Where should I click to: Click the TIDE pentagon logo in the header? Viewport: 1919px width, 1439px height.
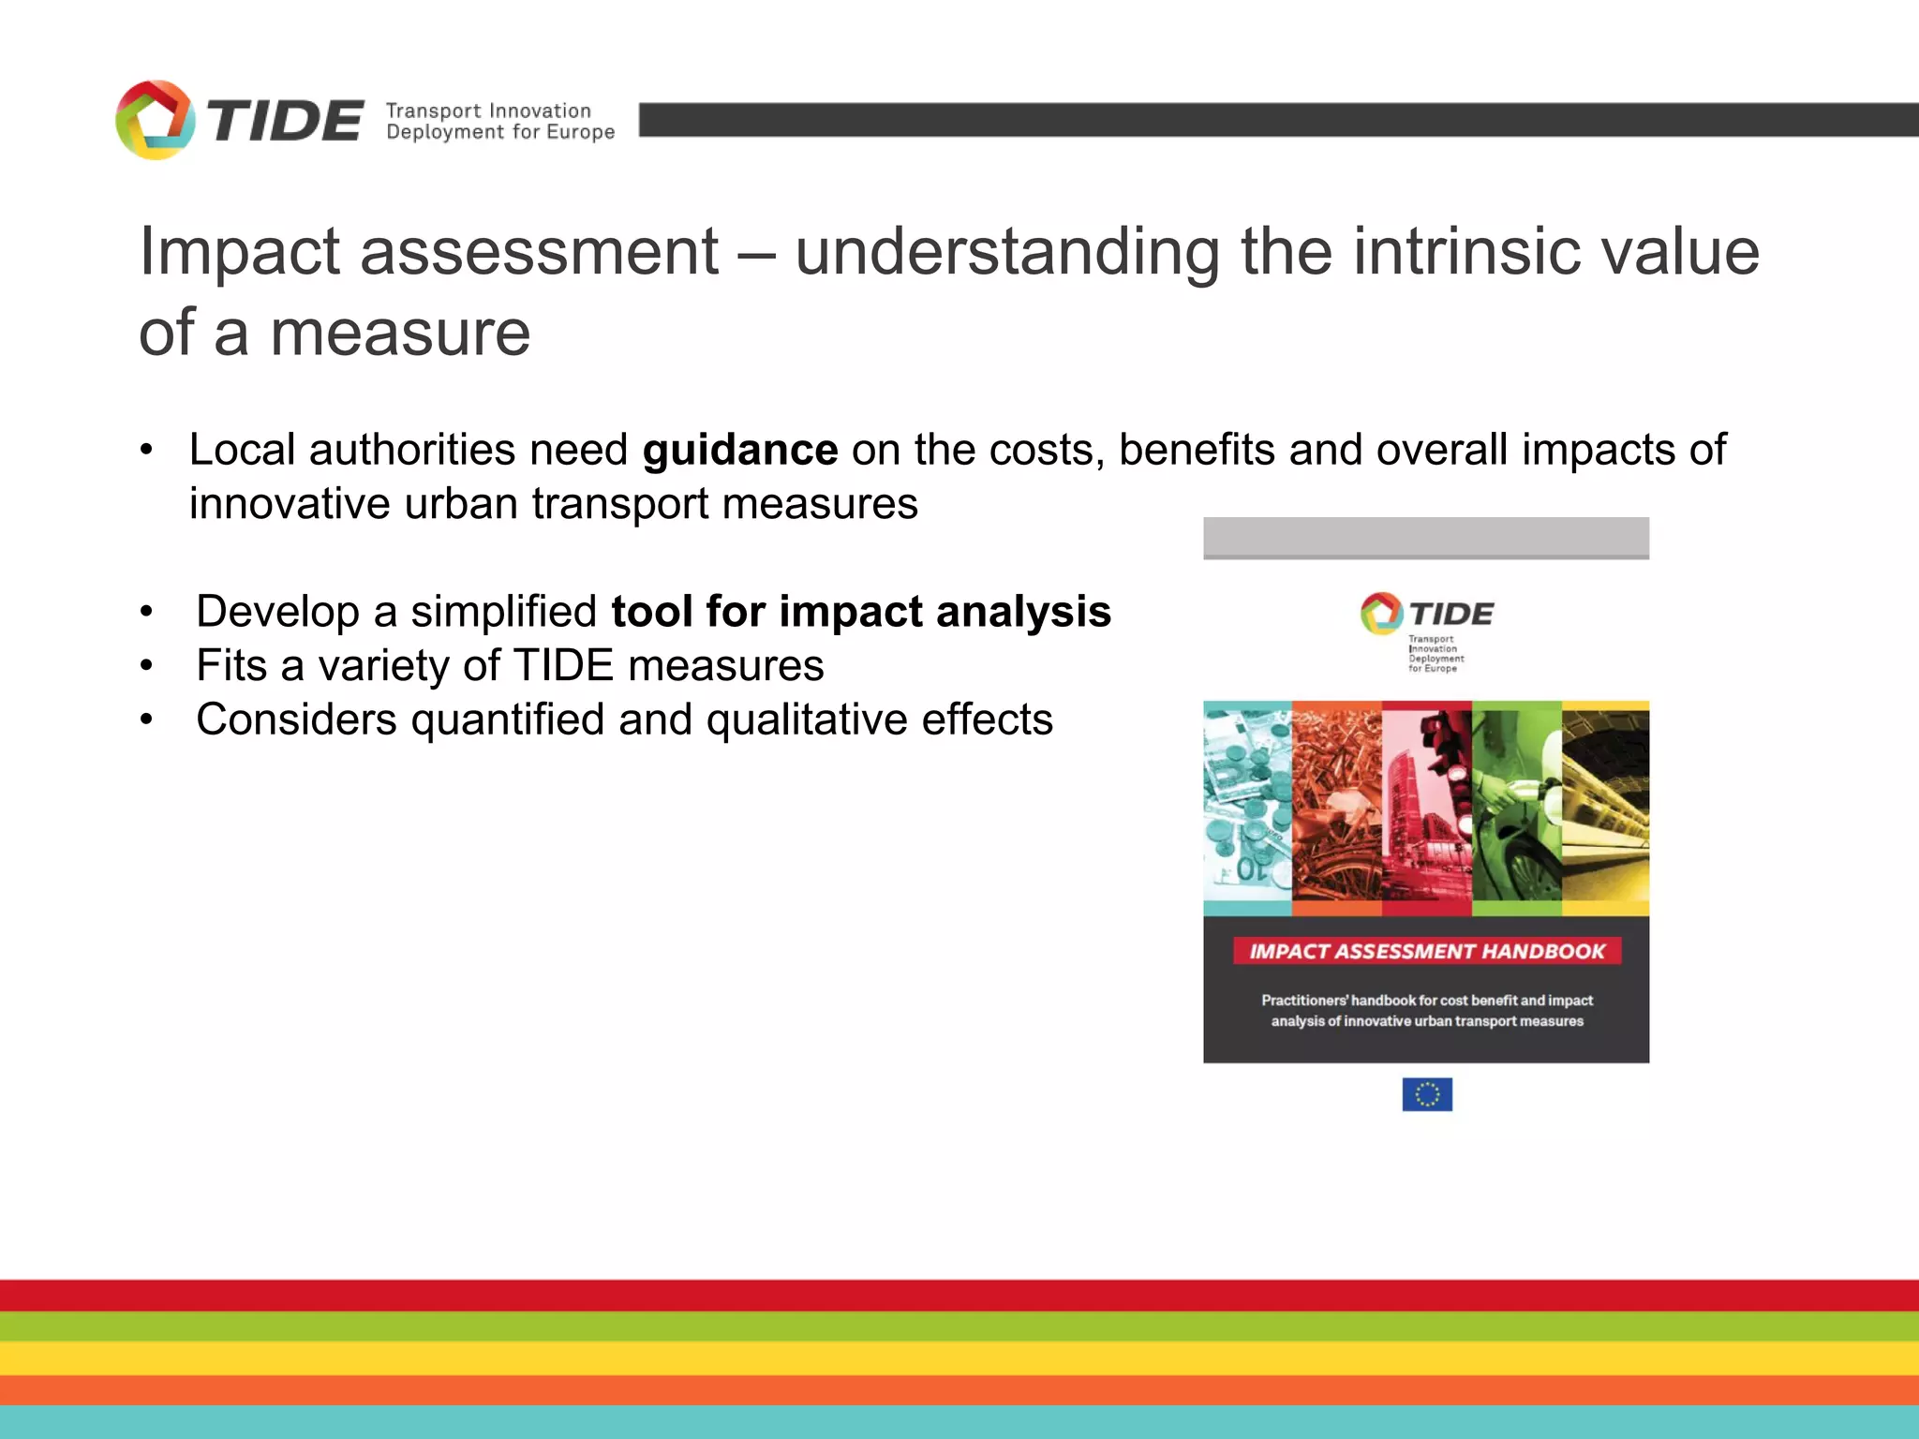coord(155,120)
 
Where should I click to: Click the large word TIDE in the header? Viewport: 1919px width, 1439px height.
coord(285,122)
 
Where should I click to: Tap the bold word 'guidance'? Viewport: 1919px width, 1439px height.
coord(740,451)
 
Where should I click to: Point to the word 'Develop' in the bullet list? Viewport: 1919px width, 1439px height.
coord(277,612)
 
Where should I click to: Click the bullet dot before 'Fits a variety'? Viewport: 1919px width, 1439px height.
coord(146,666)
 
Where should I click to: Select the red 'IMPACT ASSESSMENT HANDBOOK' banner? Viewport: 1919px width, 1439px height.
coord(1426,951)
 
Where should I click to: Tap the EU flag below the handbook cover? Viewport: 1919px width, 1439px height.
coord(1426,1093)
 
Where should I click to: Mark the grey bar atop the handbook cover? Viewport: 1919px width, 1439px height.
coord(1426,538)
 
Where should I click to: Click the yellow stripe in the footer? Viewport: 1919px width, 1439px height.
coord(959,1357)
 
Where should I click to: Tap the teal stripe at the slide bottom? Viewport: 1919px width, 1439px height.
coord(959,1422)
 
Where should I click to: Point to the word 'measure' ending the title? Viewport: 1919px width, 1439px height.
coord(400,333)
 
